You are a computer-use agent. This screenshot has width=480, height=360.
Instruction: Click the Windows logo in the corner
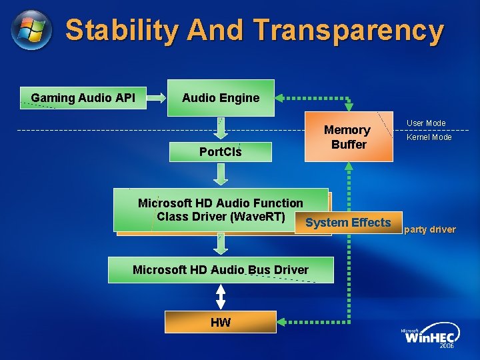[x=31, y=30]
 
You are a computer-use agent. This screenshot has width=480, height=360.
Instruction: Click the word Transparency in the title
[x=349, y=31]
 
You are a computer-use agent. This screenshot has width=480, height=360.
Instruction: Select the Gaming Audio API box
[x=83, y=98]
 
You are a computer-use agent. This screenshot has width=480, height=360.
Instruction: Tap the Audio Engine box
[x=221, y=98]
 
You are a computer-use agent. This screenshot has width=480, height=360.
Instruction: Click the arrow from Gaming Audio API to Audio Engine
[x=157, y=98]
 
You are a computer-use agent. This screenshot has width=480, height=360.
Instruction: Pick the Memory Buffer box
[x=348, y=137]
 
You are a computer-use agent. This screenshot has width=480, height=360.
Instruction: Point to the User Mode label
[x=426, y=123]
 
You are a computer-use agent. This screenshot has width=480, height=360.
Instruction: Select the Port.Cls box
[x=221, y=152]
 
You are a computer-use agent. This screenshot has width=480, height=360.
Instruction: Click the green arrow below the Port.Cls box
[x=221, y=174]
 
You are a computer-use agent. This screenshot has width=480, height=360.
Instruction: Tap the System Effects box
[x=348, y=223]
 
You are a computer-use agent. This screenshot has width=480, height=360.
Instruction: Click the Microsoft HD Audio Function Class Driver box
[x=221, y=209]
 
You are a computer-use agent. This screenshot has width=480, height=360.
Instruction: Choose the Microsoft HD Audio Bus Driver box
[x=221, y=270]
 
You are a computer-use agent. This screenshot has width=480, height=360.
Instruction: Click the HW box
[x=221, y=323]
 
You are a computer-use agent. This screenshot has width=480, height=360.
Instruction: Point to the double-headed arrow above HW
[x=221, y=297]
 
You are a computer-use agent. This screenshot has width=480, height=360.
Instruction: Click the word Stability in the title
[x=123, y=31]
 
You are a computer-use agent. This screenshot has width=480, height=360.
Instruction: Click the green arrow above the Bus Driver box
[x=221, y=244]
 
